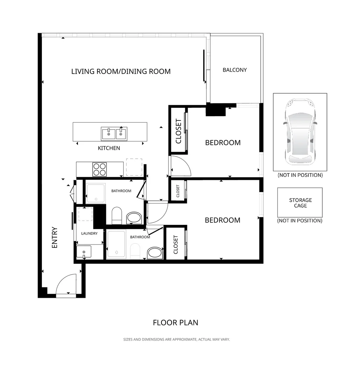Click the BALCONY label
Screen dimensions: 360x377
[235, 70]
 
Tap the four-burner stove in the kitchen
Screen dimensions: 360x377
[100, 169]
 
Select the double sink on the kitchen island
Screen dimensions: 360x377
[114, 134]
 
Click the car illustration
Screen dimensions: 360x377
[300, 132]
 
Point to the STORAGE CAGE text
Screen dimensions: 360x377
[300, 203]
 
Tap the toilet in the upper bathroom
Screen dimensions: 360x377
[117, 215]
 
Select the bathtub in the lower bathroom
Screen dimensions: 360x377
[116, 244]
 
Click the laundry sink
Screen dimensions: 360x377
[84, 252]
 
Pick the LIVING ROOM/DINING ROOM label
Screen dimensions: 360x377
[121, 72]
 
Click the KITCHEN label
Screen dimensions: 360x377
[109, 148]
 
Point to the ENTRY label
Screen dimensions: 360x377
[55, 238]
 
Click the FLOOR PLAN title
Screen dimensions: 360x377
[175, 323]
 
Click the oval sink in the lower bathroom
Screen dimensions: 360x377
[155, 253]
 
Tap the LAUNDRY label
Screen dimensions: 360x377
[89, 234]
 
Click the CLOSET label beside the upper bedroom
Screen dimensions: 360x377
[179, 131]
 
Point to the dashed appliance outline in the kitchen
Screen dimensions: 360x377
[134, 167]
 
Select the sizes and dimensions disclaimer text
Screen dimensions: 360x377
[177, 340]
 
